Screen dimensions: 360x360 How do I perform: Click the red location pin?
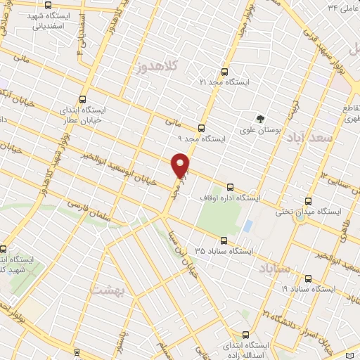click(x=181, y=165)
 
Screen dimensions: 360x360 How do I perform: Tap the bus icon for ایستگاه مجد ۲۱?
click(x=224, y=72)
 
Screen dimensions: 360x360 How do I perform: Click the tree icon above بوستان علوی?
click(x=261, y=118)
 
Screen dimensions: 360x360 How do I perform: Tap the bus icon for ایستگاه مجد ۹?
click(x=202, y=128)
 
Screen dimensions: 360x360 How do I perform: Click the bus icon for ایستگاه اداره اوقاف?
click(x=231, y=187)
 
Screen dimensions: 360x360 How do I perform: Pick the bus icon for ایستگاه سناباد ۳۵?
click(x=224, y=239)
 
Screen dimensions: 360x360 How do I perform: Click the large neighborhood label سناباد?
click(x=275, y=270)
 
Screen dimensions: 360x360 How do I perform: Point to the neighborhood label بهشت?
click(x=108, y=290)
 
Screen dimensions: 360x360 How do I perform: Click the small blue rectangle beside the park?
click(x=247, y=226)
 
